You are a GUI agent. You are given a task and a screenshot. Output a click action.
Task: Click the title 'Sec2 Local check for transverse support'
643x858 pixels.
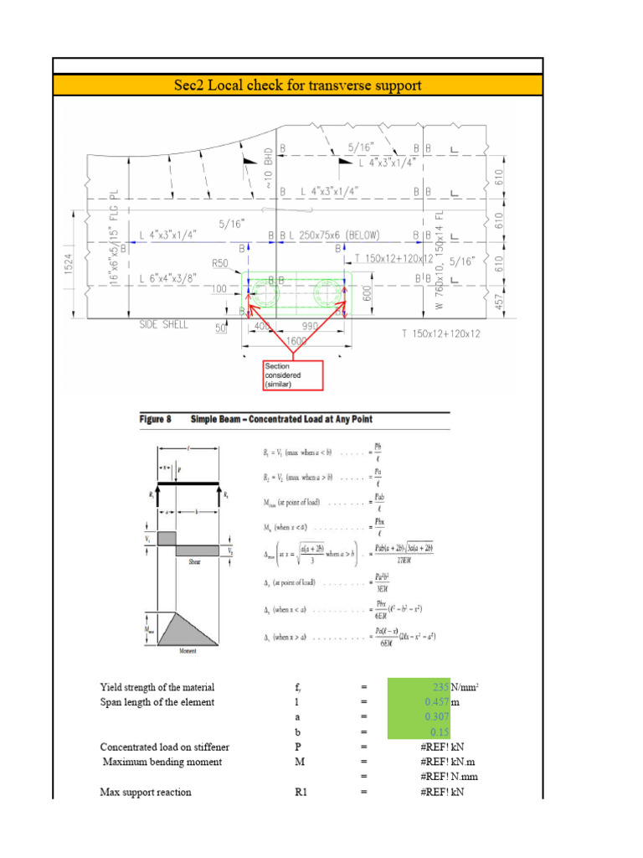[x=298, y=85]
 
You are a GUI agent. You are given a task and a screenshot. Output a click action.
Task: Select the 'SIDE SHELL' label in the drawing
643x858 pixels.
[x=164, y=323]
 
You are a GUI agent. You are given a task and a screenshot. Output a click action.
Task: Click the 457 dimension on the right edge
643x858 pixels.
[x=499, y=299]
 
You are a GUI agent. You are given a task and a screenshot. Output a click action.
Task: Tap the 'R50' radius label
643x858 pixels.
[x=219, y=263]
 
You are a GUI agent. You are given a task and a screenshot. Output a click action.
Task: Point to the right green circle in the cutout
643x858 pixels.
[x=327, y=294]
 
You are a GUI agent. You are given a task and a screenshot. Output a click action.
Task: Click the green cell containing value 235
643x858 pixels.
[x=419, y=688]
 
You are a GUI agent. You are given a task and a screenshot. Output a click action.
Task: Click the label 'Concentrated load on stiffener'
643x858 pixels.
[x=164, y=747]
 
